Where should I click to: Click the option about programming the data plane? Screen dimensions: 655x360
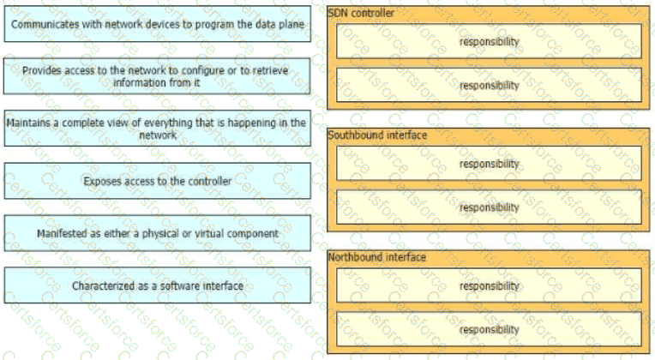pyautogui.click(x=158, y=24)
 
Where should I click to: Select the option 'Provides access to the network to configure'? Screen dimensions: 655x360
pyautogui.click(x=158, y=76)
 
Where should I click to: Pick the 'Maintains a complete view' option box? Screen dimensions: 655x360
pyautogui.click(x=158, y=129)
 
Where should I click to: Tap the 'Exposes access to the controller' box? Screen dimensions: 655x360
pyautogui.click(x=158, y=181)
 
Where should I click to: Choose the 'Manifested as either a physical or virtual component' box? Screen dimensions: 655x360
pyautogui.click(x=158, y=233)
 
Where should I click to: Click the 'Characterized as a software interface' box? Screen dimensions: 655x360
pyautogui.click(x=158, y=285)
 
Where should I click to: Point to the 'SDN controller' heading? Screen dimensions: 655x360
pyautogui.click(x=361, y=13)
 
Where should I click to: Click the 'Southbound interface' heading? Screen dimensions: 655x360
pyautogui.click(x=377, y=135)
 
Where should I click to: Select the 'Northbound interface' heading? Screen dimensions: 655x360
pyautogui.click(x=376, y=257)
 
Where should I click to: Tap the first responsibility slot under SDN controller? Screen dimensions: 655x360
pyautogui.click(x=489, y=41)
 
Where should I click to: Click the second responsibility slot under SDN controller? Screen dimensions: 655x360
pyautogui.click(x=489, y=85)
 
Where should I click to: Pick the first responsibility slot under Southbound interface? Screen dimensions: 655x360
pyautogui.click(x=489, y=164)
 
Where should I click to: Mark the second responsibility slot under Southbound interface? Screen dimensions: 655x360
pyautogui.click(x=489, y=207)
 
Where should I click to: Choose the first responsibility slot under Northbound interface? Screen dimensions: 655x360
pyautogui.click(x=489, y=285)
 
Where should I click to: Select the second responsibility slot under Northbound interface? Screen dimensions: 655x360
pyautogui.click(x=489, y=329)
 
